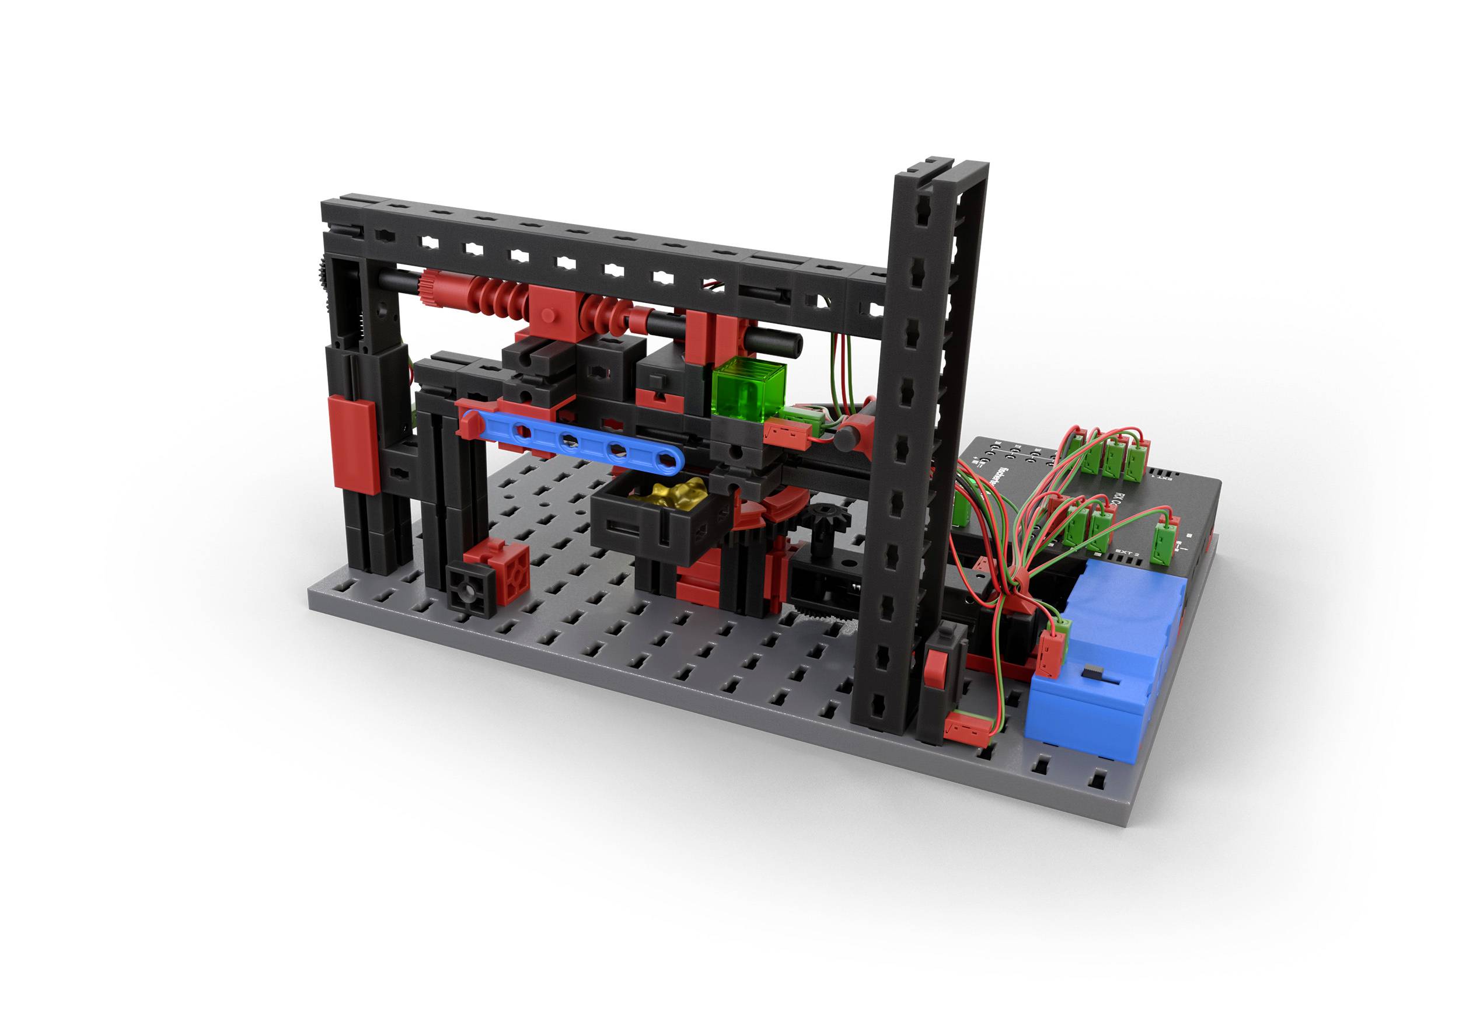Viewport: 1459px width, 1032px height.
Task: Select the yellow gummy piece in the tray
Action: point(667,494)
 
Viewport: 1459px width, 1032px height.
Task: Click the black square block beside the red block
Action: point(470,590)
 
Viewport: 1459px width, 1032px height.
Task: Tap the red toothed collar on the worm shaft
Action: point(432,289)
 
